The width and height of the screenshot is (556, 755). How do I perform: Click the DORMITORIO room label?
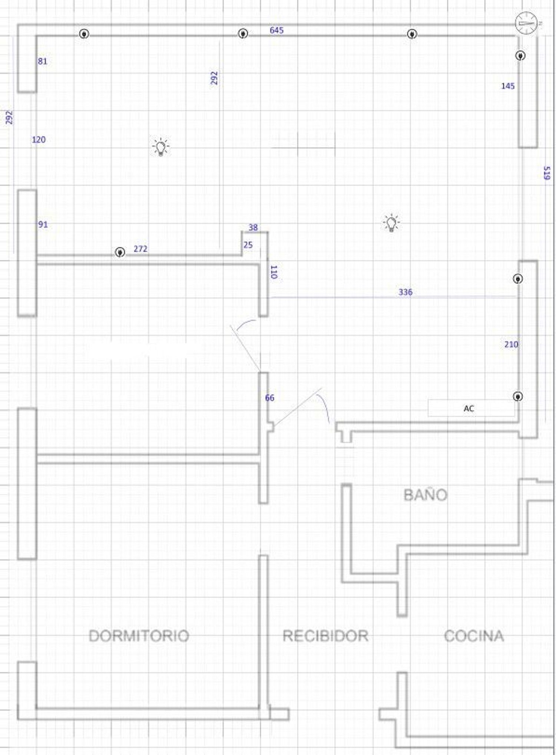(139, 636)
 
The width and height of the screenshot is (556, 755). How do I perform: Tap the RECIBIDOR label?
(325, 636)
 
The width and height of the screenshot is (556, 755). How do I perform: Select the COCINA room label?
(474, 636)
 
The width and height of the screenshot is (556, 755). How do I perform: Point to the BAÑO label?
(426, 495)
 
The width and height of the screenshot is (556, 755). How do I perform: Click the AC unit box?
(471, 408)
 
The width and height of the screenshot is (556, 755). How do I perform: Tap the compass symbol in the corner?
(526, 23)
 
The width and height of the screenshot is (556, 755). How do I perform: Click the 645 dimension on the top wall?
(277, 30)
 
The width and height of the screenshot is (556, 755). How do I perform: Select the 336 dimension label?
(405, 292)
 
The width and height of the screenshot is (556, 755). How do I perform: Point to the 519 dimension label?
(546, 173)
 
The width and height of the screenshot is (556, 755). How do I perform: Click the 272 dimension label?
(140, 249)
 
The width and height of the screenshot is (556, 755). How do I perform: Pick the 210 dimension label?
(511, 344)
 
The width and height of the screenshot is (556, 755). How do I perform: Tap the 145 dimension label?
(508, 86)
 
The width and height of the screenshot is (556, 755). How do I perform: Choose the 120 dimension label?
(39, 139)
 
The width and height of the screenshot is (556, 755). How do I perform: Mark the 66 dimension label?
(269, 398)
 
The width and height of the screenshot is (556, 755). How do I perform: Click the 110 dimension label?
(274, 272)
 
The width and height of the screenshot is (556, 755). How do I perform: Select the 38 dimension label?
(253, 227)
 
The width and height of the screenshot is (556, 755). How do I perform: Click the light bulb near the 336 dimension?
(391, 223)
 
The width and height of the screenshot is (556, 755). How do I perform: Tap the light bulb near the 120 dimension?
(160, 147)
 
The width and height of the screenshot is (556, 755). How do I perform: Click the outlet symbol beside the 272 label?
(119, 252)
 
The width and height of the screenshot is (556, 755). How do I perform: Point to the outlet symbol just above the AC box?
(518, 396)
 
